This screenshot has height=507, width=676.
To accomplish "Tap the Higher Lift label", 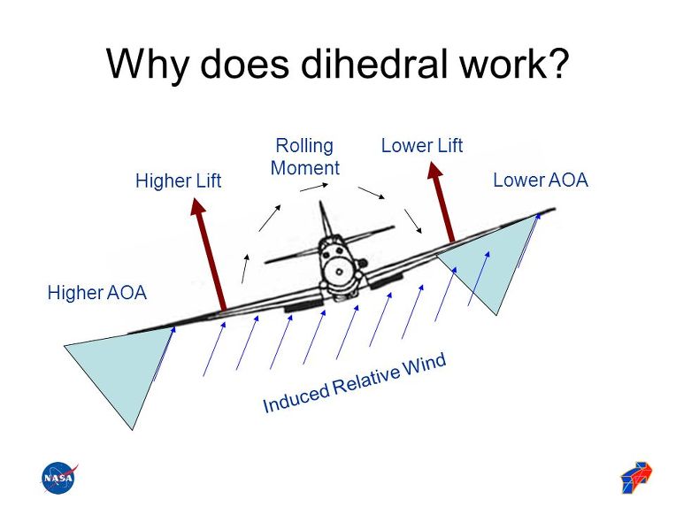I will pyautogui.click(x=177, y=181).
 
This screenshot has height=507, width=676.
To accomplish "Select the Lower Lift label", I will pyautogui.click(x=422, y=146).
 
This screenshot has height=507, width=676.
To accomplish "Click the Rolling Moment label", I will pyautogui.click(x=305, y=157).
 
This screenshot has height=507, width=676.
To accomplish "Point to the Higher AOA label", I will pyautogui.click(x=96, y=293).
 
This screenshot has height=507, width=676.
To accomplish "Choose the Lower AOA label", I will pyautogui.click(x=540, y=181).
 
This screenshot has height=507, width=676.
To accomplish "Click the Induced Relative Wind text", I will pyautogui.click(x=355, y=383).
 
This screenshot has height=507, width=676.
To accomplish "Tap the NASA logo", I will pyautogui.click(x=59, y=479).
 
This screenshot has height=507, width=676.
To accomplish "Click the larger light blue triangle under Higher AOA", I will pyautogui.click(x=119, y=372).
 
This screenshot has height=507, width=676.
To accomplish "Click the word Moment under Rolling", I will pyautogui.click(x=305, y=167).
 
